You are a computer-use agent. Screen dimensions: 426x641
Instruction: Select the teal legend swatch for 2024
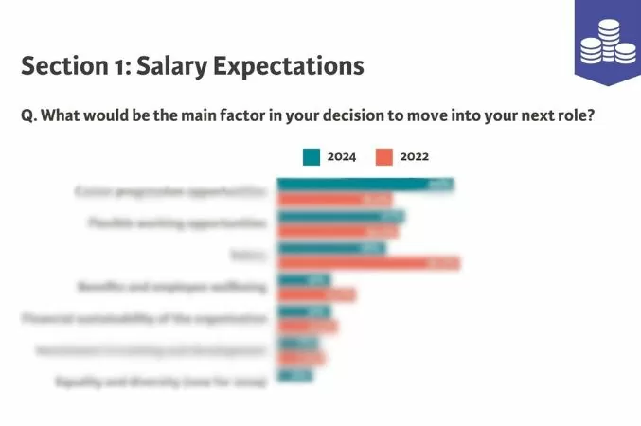click(312, 157)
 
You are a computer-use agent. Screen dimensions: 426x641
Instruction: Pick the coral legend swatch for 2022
click(383, 157)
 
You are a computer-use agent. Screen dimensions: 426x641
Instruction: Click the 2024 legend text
click(341, 157)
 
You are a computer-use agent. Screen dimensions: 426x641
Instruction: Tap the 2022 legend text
click(414, 157)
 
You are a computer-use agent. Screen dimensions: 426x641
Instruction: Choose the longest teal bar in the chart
click(365, 185)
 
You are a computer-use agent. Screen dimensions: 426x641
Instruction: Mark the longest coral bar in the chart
click(368, 263)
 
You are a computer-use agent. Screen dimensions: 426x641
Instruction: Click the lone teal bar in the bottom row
click(294, 376)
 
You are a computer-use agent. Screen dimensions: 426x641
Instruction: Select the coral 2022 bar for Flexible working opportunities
click(338, 231)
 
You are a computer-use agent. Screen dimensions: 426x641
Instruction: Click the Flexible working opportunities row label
click(175, 223)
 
